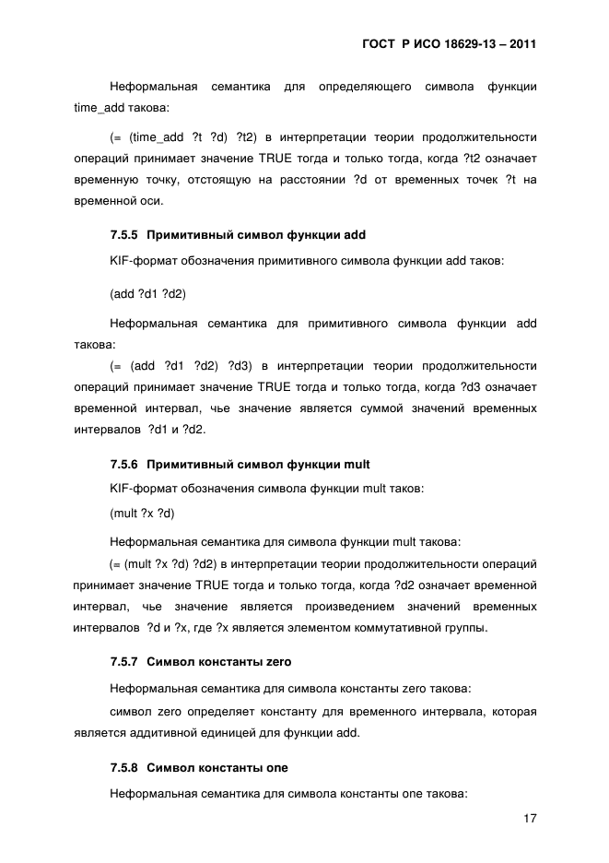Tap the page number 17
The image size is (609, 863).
point(529,818)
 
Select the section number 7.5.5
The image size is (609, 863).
point(123,235)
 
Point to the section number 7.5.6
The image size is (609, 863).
point(123,464)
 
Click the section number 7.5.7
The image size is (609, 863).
point(123,662)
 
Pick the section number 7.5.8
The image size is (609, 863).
point(123,767)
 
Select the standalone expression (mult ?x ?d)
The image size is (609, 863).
point(142,513)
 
